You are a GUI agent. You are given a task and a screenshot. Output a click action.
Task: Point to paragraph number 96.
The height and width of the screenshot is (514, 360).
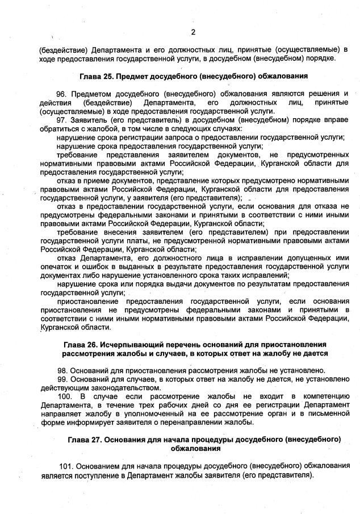tap(61, 93)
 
